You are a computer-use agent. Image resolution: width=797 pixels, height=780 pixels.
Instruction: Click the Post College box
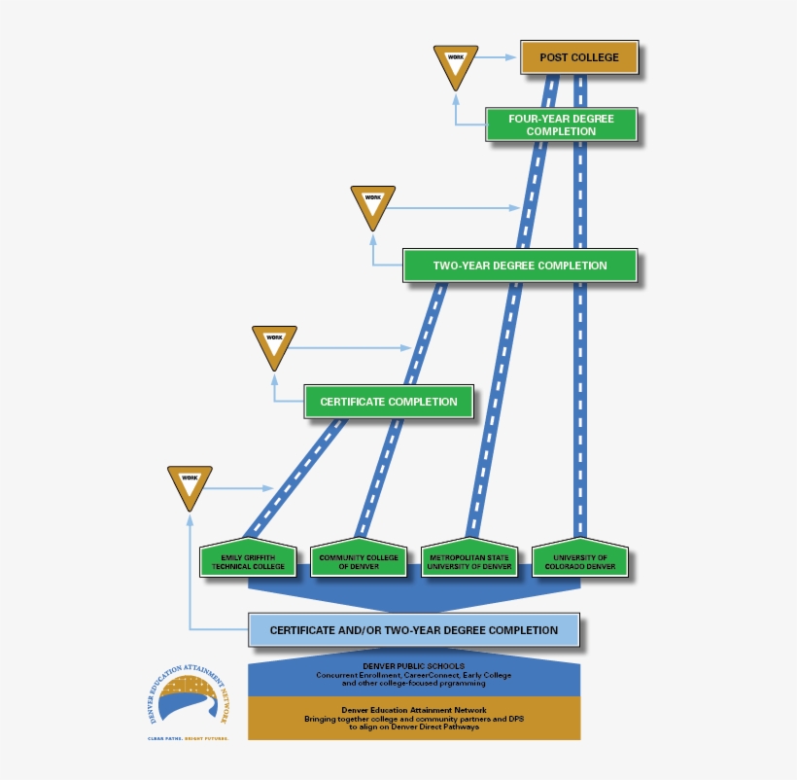click(579, 57)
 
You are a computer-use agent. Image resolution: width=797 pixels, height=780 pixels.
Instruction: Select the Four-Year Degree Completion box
click(561, 124)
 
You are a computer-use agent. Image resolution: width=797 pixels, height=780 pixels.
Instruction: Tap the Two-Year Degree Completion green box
click(520, 266)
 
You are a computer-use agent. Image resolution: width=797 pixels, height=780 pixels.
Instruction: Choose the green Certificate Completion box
click(388, 402)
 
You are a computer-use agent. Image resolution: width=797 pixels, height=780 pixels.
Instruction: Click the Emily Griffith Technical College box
click(248, 561)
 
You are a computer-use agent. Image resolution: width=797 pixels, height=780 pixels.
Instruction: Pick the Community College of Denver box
click(359, 561)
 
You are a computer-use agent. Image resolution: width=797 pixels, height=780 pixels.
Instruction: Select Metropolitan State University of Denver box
click(469, 561)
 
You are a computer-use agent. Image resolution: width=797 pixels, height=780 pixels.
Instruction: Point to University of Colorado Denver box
click(580, 561)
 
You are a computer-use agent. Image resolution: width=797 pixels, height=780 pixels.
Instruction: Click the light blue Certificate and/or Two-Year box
click(414, 630)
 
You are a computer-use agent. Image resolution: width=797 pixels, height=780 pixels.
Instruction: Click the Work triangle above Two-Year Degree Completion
click(373, 205)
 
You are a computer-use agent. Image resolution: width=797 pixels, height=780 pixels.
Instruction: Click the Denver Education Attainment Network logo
click(184, 697)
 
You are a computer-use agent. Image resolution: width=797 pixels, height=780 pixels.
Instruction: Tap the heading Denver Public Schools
click(414, 666)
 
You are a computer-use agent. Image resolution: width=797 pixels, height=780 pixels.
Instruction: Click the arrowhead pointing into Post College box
click(515, 57)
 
